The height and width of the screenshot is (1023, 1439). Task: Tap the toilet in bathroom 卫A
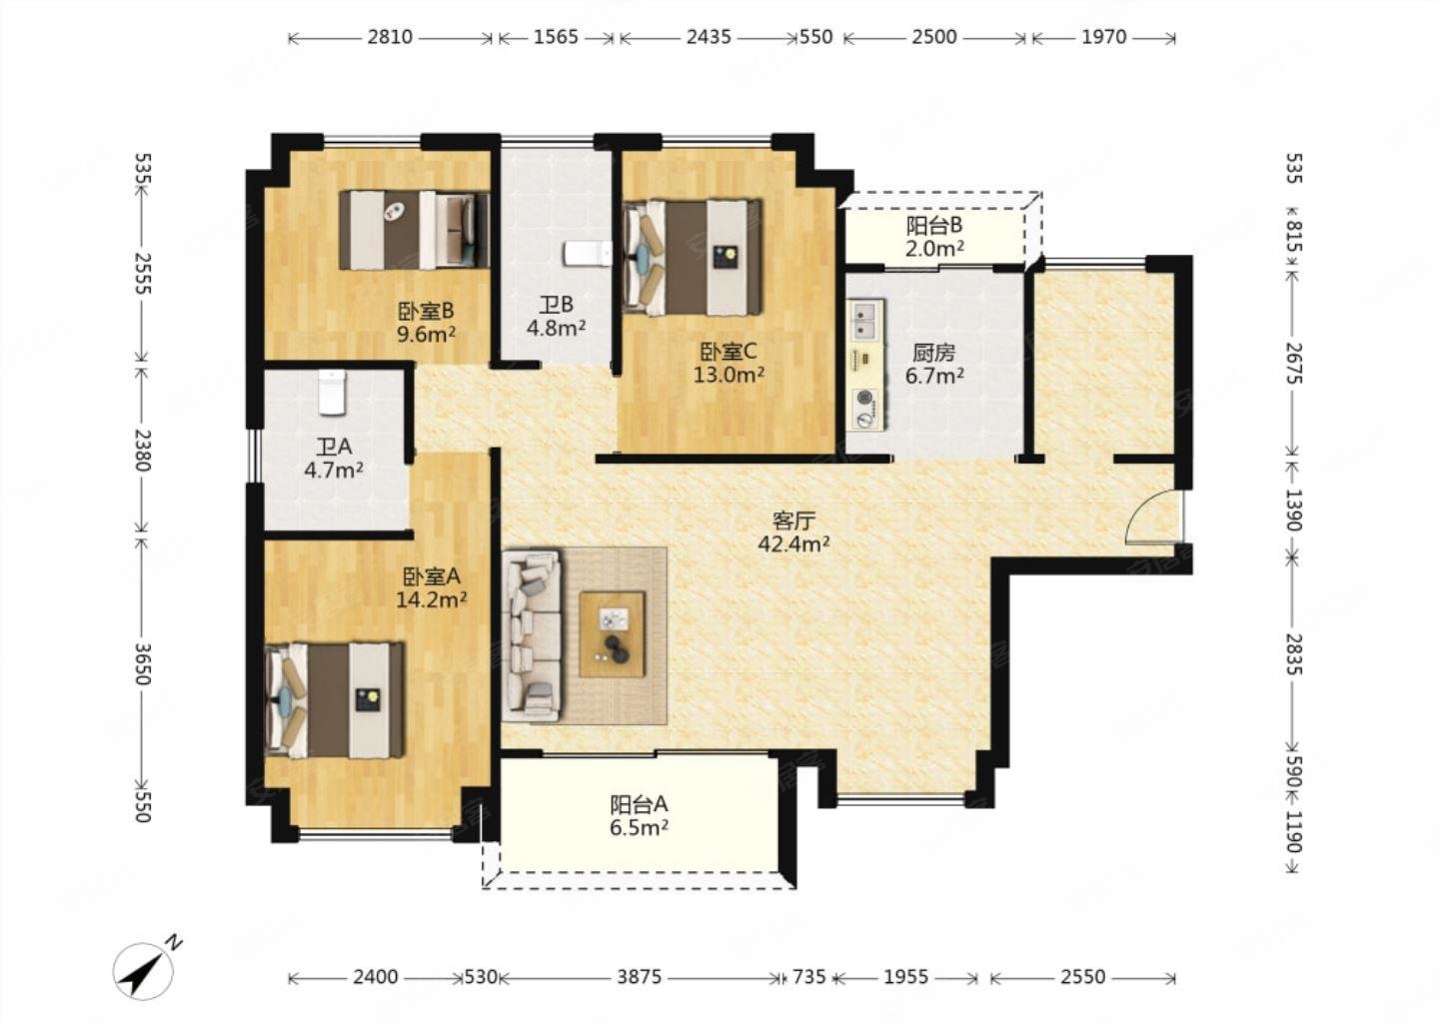pos(332,391)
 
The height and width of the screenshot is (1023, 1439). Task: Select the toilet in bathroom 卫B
pos(588,253)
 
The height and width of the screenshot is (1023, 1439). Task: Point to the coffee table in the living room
pos(613,634)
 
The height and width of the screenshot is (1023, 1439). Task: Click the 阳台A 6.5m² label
pos(639,815)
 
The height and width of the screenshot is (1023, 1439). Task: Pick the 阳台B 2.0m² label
pos(934,237)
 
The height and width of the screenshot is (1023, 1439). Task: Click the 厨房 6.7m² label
pos(934,364)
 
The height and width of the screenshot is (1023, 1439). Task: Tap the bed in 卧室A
pos(336,700)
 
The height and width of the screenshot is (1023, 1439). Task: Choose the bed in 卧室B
pos(415,229)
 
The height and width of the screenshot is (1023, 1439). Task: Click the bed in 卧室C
pos(693,258)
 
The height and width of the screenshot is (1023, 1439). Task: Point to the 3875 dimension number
pos(639,978)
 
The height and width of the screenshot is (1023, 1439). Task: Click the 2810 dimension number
pos(390,37)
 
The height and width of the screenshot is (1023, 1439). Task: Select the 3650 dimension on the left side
pos(142,664)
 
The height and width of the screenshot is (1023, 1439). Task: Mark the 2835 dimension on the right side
pos(1294,653)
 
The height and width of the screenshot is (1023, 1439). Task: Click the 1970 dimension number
pos(1103,37)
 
